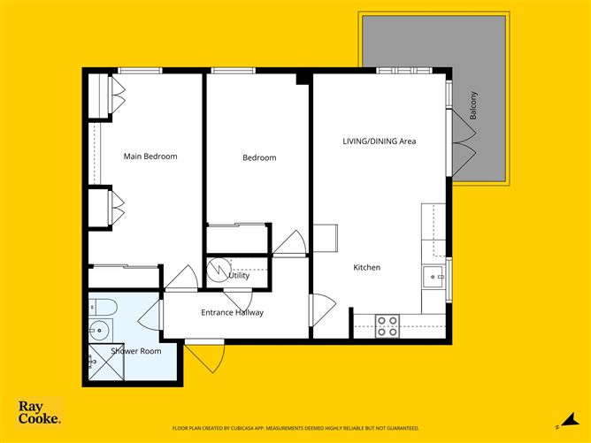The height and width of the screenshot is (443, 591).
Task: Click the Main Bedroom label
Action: click(150, 157)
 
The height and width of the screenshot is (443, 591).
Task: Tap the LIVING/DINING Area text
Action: click(379, 141)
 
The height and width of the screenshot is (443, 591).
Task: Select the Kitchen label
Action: click(367, 267)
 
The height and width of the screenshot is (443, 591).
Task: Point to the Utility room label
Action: click(239, 276)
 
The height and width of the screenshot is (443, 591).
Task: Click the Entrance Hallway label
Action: click(232, 312)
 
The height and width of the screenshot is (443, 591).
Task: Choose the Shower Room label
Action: click(135, 351)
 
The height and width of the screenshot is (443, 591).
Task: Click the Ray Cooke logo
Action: click(40, 412)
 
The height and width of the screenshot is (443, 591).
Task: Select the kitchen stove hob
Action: click(388, 326)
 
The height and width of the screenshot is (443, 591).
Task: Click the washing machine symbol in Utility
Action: click(218, 268)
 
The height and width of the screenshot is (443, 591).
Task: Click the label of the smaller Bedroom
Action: click(259, 158)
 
